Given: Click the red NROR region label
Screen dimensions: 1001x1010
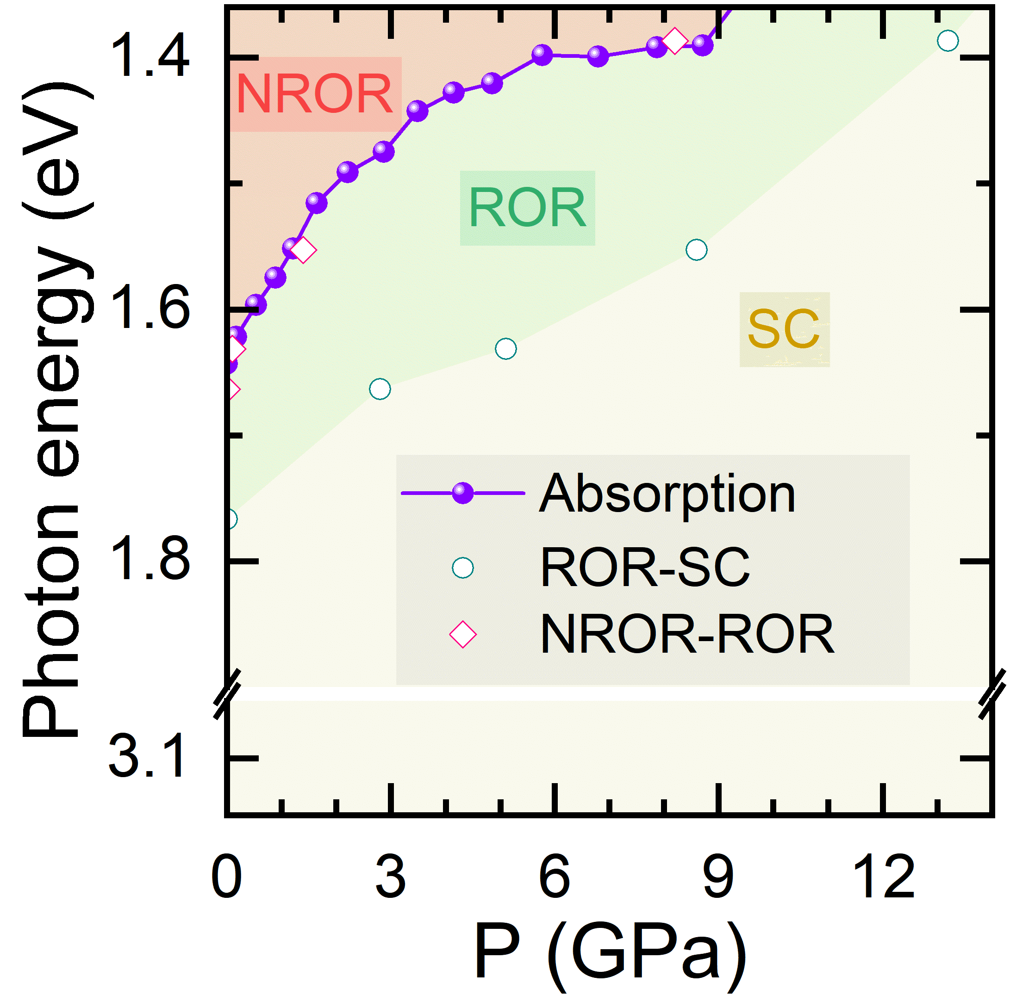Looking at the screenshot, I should click(315, 94).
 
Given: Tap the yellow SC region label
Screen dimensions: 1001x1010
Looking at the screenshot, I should click(784, 329).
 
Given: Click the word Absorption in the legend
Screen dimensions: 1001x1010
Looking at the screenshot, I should click(667, 494).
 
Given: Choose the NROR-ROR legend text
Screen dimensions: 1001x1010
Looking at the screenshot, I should click(687, 634).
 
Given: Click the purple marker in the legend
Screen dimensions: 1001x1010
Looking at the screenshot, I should click(463, 493).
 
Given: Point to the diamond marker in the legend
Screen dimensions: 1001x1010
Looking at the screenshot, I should click(463, 634).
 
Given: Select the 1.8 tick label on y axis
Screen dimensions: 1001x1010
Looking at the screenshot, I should click(149, 561).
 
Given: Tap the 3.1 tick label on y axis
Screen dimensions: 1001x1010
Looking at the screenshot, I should click(146, 757).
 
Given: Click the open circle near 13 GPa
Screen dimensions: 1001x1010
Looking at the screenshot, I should click(948, 40).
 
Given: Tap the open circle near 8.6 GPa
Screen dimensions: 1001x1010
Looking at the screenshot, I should click(696, 250).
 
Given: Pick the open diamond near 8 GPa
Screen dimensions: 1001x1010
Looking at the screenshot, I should click(674, 41).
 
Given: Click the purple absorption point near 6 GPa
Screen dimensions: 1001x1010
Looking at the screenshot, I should click(542, 54).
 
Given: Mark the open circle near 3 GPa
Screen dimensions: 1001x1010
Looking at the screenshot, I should click(380, 389).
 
